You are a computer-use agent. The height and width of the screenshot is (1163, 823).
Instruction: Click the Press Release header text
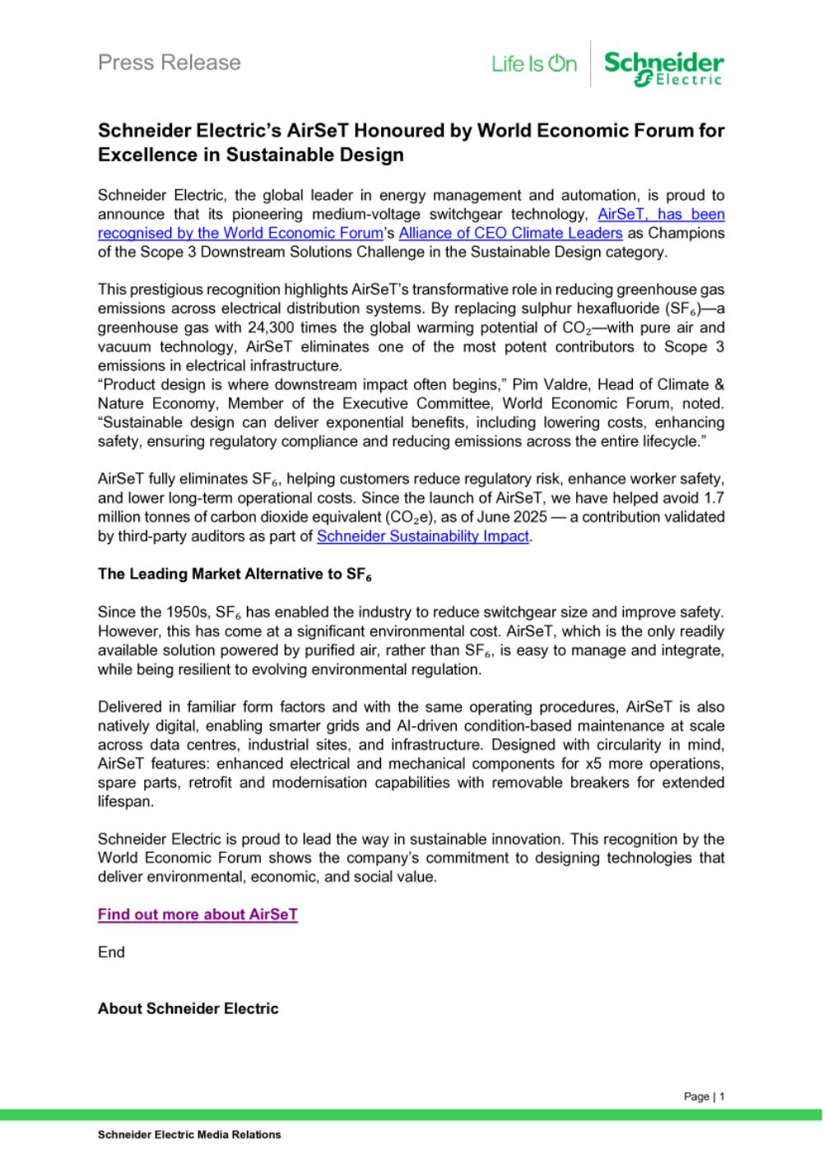tap(169, 63)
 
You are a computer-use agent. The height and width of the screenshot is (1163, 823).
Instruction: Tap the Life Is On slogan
tap(534, 63)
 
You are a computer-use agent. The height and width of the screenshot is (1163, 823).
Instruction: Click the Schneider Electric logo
tap(663, 67)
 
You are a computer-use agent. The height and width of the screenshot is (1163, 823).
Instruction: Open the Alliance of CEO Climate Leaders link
tap(510, 233)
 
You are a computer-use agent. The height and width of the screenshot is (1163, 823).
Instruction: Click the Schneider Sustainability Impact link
tap(423, 537)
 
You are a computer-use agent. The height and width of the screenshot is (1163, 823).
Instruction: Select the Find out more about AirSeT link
tap(198, 914)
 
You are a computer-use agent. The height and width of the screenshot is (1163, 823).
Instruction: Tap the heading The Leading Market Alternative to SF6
tap(235, 575)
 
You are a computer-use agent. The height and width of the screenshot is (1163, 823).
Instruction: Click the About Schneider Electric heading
tap(188, 1008)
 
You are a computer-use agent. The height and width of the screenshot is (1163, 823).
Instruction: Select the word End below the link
tap(111, 952)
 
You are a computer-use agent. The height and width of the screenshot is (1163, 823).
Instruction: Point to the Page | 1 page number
tap(704, 1096)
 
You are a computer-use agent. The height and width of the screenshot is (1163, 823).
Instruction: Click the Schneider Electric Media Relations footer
tap(189, 1134)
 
